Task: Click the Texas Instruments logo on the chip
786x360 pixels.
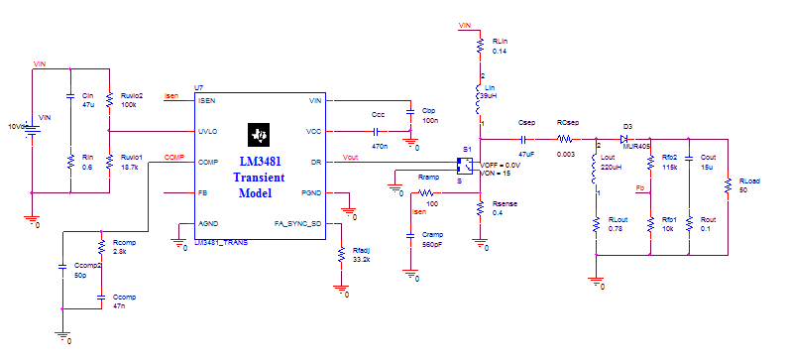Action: click(260, 134)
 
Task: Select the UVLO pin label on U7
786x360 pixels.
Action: click(207, 131)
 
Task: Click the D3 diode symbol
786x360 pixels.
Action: click(627, 139)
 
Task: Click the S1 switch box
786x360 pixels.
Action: click(462, 165)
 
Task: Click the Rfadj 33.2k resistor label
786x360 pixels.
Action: click(362, 254)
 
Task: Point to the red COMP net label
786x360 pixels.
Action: click(174, 157)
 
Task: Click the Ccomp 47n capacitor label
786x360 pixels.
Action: click(123, 301)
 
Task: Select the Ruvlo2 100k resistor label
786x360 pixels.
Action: click(130, 99)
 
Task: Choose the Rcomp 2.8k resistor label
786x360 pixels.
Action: click(123, 248)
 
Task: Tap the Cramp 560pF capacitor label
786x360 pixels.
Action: click(432, 239)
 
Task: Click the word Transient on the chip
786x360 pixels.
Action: click(259, 178)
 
